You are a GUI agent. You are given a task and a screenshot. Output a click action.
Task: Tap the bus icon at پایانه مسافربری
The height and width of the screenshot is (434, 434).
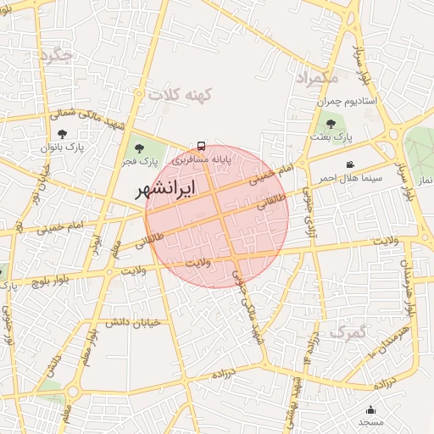(x=201, y=146)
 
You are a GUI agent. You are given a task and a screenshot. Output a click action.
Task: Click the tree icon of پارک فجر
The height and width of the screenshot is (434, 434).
(x=139, y=149)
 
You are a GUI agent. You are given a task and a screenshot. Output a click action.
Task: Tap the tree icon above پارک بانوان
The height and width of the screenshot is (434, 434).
(x=61, y=133)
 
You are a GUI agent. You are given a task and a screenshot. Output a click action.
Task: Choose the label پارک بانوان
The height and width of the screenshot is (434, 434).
(x=61, y=147)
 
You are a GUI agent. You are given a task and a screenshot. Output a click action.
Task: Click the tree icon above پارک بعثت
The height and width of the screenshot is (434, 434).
(x=331, y=124)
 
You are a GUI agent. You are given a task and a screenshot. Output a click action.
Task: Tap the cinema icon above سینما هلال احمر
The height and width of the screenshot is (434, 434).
(x=350, y=164)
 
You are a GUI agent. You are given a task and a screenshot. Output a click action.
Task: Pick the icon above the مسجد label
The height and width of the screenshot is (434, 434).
(x=370, y=410)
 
